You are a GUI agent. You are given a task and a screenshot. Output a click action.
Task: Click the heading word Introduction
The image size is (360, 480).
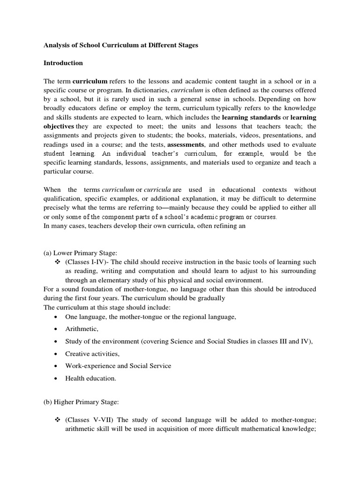[x=63, y=63]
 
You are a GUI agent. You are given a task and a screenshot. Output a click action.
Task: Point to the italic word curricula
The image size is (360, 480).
[x=157, y=190]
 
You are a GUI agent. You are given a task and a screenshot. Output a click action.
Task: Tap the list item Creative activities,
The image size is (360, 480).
[x=92, y=354]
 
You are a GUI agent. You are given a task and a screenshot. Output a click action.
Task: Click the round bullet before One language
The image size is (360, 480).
[x=56, y=317]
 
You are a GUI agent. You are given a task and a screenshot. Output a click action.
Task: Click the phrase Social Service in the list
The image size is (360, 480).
[x=151, y=366]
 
